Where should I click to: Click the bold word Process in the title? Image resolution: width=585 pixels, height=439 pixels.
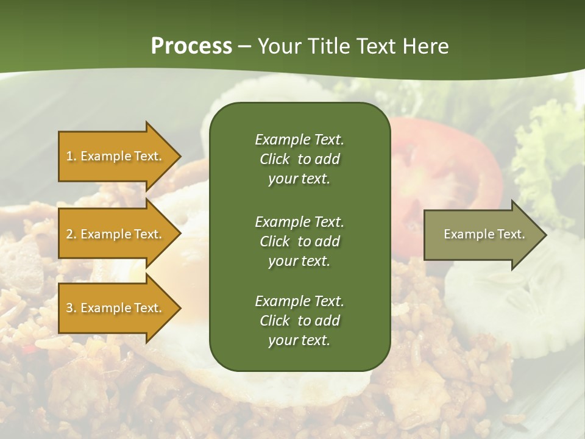(x=191, y=46)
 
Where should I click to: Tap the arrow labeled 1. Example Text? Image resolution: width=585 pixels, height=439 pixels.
(x=116, y=156)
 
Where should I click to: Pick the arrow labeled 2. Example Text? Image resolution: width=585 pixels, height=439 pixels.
(x=116, y=234)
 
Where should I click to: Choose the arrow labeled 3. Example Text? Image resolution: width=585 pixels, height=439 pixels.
(x=116, y=308)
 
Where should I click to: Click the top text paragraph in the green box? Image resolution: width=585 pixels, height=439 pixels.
(x=299, y=159)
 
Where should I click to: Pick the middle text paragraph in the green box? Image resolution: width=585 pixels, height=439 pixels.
(x=299, y=241)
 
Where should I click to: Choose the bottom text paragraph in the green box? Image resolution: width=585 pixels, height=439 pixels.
(x=299, y=321)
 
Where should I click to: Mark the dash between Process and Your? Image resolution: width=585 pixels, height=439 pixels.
(x=245, y=47)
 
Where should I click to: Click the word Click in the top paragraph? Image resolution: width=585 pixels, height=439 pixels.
(x=274, y=159)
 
